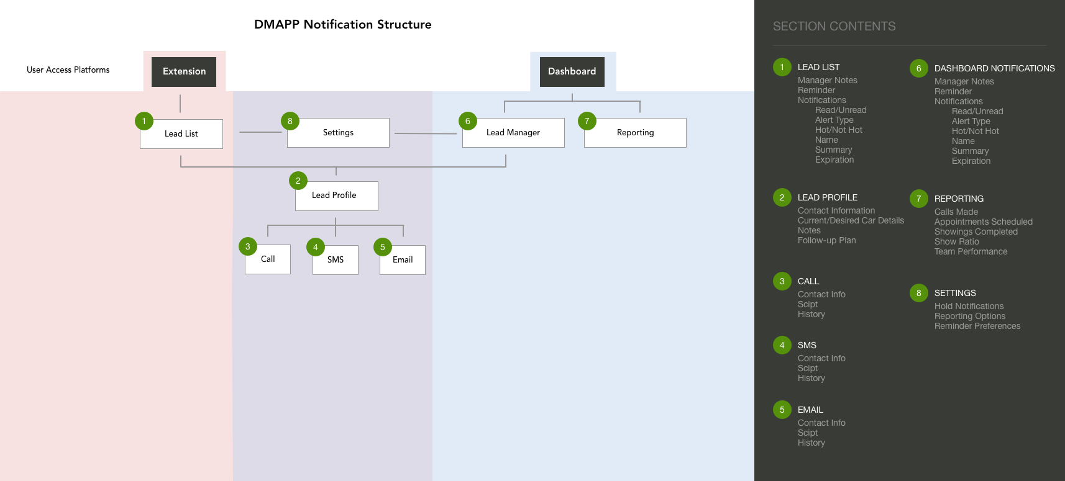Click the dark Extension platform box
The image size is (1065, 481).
click(184, 72)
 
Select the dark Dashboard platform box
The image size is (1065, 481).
click(572, 72)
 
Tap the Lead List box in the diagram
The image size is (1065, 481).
click(181, 134)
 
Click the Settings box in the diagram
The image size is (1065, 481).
click(338, 132)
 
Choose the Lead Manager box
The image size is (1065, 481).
click(513, 132)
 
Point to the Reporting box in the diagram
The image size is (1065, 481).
click(635, 132)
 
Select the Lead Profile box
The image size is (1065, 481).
click(337, 196)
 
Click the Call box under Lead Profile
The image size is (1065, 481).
click(268, 259)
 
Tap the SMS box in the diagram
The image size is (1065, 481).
click(335, 259)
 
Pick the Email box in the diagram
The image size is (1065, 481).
click(402, 259)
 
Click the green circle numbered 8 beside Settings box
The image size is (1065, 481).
click(290, 121)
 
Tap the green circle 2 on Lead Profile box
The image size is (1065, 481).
click(298, 181)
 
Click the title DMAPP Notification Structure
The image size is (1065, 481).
click(343, 25)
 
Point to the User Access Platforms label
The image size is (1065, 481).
click(68, 70)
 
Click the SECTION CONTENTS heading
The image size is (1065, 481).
click(834, 26)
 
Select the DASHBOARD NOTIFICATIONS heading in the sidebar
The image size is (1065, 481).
click(994, 68)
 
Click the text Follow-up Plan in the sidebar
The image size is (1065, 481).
click(826, 240)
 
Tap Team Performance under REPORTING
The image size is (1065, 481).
click(971, 251)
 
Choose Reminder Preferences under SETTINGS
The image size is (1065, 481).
click(977, 326)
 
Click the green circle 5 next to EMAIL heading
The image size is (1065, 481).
click(782, 410)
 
